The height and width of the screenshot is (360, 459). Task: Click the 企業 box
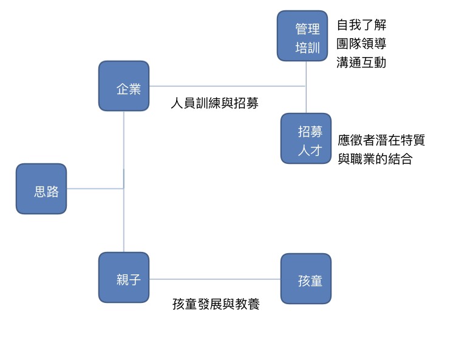coord(124,86)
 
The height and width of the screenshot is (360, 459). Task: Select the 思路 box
coord(41,189)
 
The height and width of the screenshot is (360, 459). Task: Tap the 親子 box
coord(124,278)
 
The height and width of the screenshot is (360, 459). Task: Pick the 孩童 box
coord(306,279)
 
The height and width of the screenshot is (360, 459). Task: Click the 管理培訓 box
coord(302,36)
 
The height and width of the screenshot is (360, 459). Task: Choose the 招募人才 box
coord(306,139)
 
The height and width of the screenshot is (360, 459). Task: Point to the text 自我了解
coord(361,25)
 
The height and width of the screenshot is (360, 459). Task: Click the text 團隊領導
coord(361,44)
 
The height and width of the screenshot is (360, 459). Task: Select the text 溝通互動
coord(361,62)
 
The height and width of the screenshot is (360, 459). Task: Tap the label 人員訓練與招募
coord(215,104)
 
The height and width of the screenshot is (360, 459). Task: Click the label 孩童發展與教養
coord(216,304)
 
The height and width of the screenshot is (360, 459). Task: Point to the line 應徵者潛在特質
coord(381,140)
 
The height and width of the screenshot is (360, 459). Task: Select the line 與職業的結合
coord(375,160)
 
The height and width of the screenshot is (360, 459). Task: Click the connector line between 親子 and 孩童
coord(215,279)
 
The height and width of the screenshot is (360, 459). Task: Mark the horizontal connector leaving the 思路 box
coord(95,189)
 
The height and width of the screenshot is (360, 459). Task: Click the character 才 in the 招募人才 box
coord(314,151)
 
